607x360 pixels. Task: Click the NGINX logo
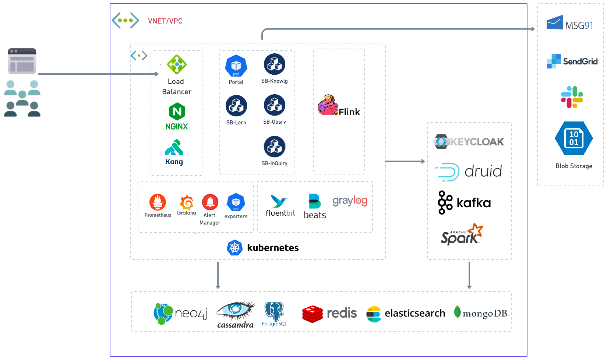[177, 112]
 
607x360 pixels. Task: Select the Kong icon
[174, 148]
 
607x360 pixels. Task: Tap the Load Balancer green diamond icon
[177, 64]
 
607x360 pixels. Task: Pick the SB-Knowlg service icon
[275, 64]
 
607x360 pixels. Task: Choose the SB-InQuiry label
[275, 163]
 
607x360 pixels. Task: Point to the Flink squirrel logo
[328, 106]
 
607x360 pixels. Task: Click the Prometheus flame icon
[158, 202]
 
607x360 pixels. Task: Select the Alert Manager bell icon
[210, 202]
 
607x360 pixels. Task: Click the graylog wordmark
[350, 201]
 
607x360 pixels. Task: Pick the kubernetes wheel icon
[235, 248]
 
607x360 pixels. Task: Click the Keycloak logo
[469, 142]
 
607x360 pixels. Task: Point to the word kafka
[474, 203]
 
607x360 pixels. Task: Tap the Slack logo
[572, 97]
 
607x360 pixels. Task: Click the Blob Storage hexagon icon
[574, 138]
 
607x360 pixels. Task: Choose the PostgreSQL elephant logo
[274, 312]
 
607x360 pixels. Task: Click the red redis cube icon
[313, 314]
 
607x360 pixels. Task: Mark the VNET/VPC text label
[165, 21]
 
